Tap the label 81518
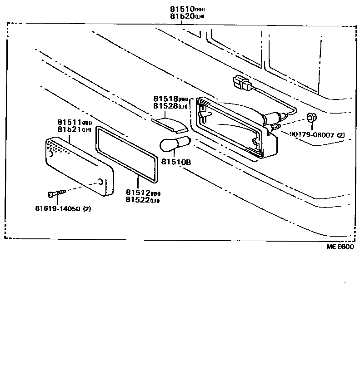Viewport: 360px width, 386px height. tap(165, 99)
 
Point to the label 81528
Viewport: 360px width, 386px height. tap(165, 106)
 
